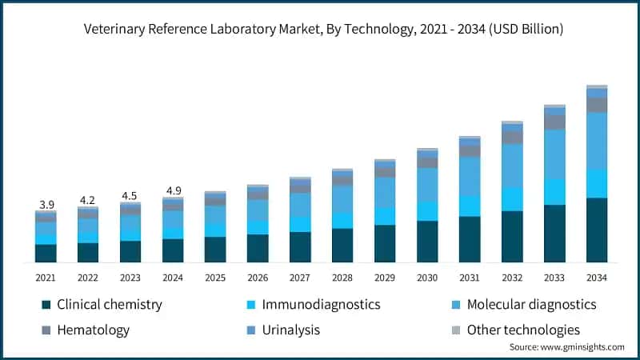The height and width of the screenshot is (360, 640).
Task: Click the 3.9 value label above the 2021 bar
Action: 46,205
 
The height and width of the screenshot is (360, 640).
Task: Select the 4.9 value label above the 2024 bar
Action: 173,190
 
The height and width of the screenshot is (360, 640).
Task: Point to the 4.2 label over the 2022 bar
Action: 88,200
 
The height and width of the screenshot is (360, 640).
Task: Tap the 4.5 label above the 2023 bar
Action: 130,196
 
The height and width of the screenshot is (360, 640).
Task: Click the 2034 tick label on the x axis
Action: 597,278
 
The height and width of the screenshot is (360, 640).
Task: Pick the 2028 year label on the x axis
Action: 342,278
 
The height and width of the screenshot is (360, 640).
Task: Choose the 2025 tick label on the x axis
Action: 215,278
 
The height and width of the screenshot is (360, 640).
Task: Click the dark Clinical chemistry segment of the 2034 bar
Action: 597,230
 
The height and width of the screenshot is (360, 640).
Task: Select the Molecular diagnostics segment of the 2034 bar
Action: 597,141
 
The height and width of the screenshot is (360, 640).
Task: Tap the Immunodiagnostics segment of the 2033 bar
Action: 554,192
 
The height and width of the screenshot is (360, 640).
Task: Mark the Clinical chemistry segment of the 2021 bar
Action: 46,253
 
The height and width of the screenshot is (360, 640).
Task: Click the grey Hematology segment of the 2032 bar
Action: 512,138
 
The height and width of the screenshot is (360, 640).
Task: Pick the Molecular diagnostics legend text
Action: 531,305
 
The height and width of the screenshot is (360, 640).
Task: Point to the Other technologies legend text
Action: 523,330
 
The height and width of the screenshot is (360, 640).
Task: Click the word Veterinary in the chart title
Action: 115,29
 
